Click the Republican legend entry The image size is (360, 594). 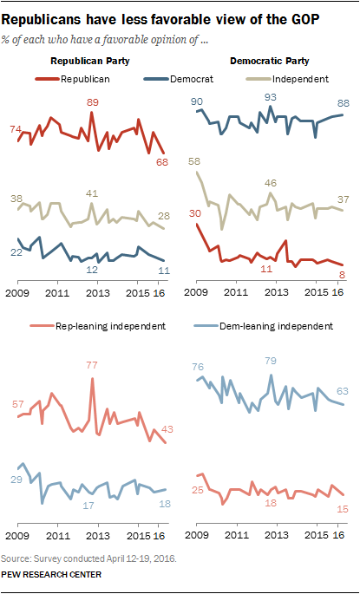point(73,79)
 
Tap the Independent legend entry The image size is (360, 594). point(287,79)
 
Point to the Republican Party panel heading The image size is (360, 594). point(90,61)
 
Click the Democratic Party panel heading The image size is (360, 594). point(270,61)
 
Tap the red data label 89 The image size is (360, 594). point(92,102)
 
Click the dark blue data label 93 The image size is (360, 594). point(271,97)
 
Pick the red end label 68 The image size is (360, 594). point(163,162)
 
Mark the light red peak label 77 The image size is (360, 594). point(92,366)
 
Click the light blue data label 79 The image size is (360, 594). point(270,360)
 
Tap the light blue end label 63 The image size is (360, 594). point(342,391)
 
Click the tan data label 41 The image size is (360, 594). point(92,193)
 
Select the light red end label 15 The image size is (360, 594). point(343,509)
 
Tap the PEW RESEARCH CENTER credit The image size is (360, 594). point(51,574)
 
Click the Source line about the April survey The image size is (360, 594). point(89,558)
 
